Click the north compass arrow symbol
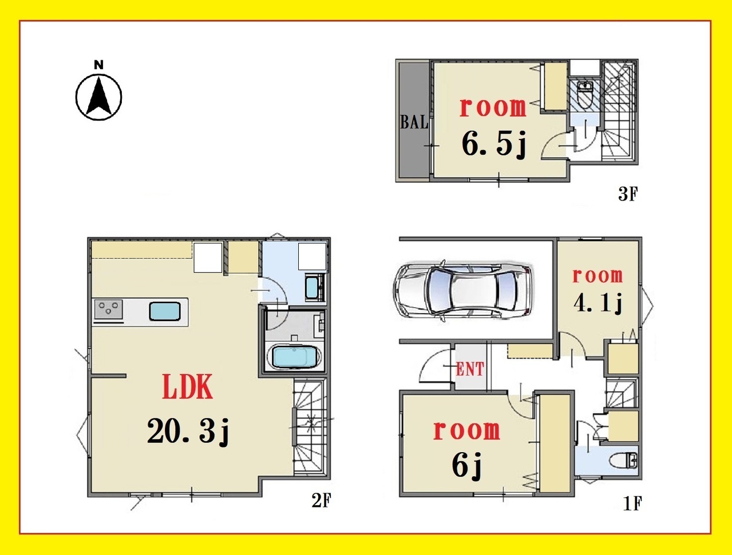coord(98,97)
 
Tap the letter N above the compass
coord(98,65)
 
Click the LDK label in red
coord(187,386)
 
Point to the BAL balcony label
coord(414,122)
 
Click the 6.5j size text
coord(494,143)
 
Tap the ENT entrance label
coord(470,369)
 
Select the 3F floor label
coord(628,194)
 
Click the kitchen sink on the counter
coord(165,312)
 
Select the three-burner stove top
coord(108,309)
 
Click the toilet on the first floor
coord(623,461)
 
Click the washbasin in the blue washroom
coord(312,288)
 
